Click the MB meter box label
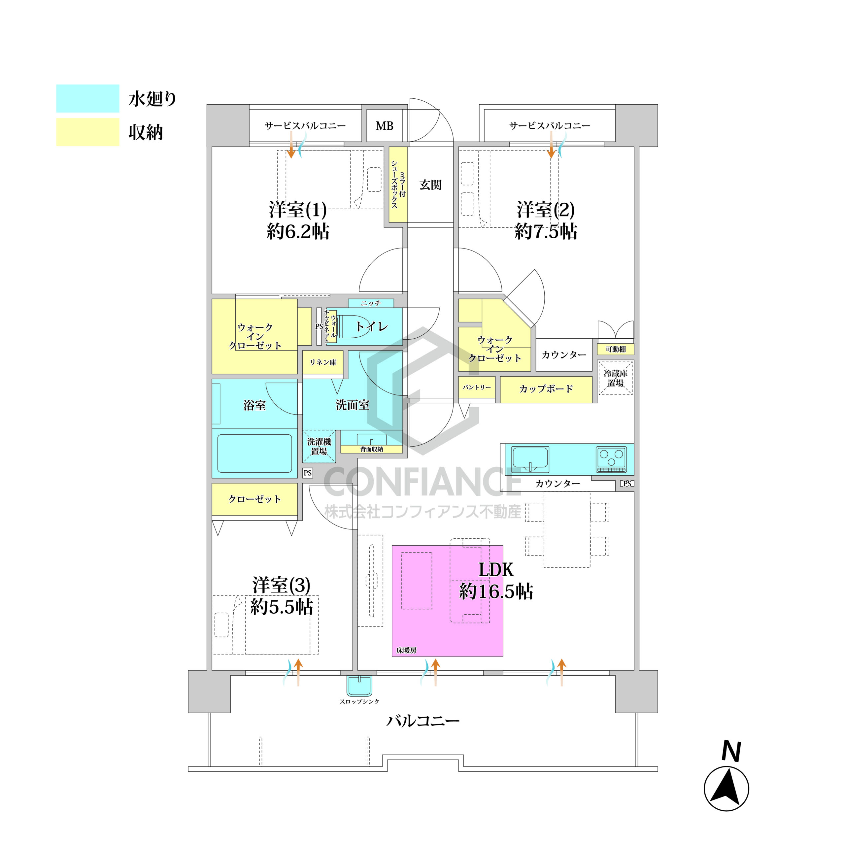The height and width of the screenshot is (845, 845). (x=385, y=126)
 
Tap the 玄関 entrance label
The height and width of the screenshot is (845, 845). (x=430, y=185)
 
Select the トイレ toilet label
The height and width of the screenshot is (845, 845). (x=371, y=326)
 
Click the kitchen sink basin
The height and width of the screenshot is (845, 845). (x=530, y=459)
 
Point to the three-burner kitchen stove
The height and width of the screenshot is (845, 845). (x=611, y=459)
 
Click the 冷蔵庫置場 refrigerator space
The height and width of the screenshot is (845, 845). (x=615, y=378)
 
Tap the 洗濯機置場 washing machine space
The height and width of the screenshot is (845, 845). (x=319, y=446)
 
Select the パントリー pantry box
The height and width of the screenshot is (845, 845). (x=477, y=388)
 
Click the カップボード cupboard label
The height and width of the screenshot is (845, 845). (x=546, y=389)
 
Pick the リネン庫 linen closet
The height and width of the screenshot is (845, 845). (x=323, y=362)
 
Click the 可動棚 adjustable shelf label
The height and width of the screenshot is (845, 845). (x=615, y=349)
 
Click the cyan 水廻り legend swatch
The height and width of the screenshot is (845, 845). (x=87, y=98)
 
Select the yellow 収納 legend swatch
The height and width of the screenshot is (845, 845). (x=87, y=132)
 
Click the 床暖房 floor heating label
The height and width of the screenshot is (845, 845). (x=406, y=650)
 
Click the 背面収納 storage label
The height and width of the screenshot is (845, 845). (x=372, y=449)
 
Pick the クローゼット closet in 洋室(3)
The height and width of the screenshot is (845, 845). (x=254, y=499)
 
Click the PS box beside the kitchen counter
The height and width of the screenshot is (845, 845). (x=627, y=484)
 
